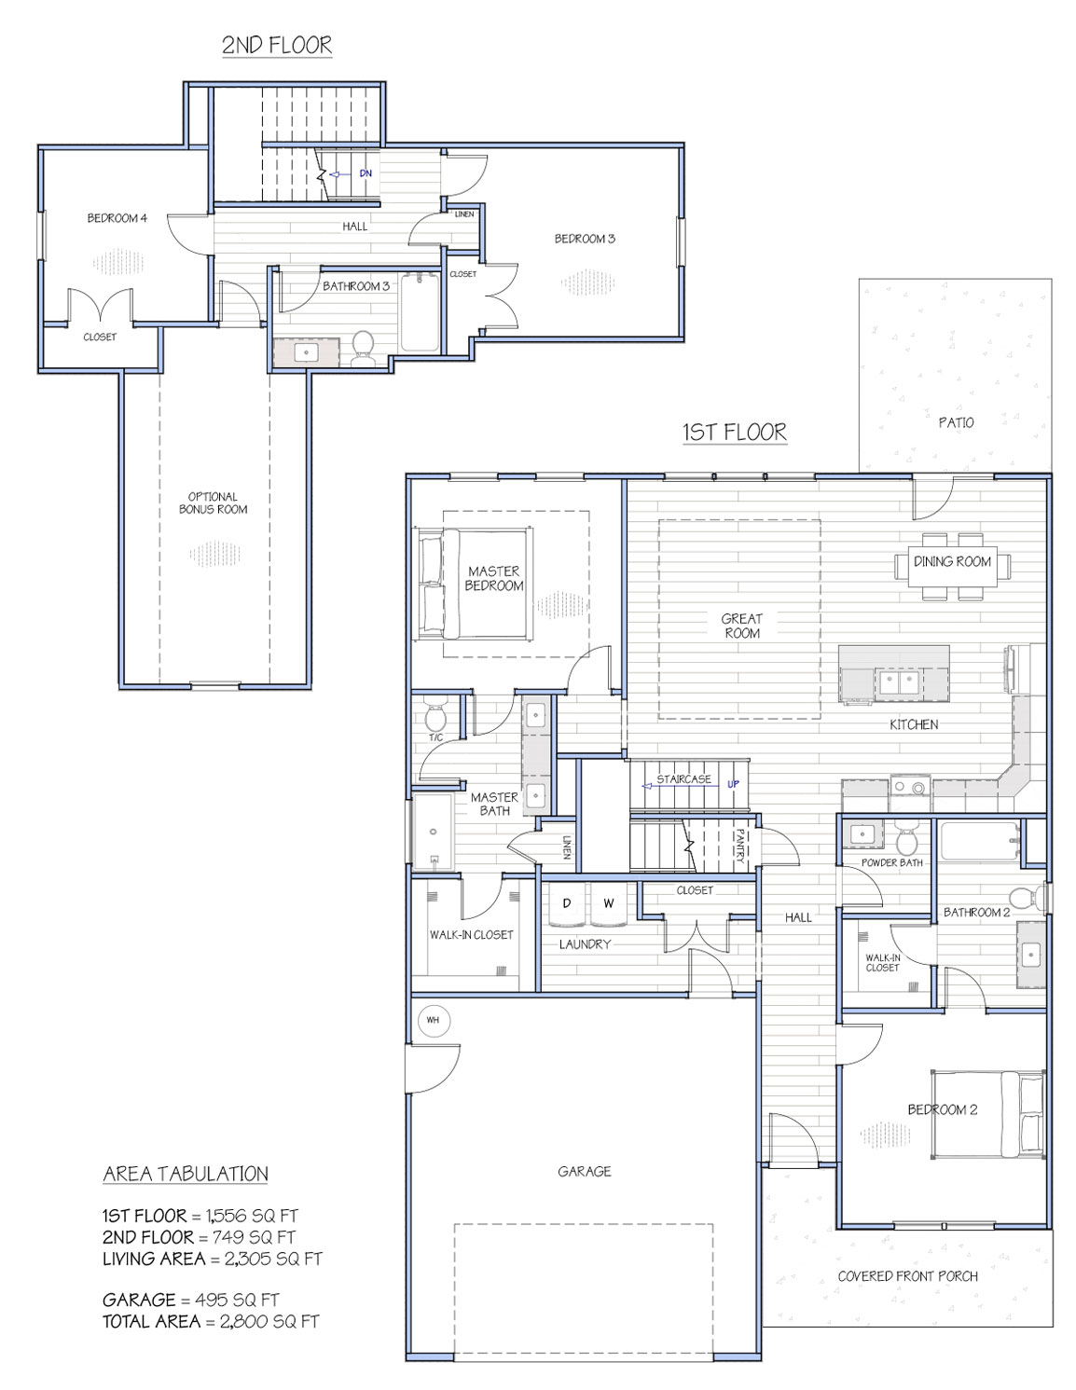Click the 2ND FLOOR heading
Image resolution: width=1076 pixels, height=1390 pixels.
277,46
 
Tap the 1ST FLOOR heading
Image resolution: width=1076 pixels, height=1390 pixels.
735,433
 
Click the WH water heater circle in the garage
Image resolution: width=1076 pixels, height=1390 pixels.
433,1020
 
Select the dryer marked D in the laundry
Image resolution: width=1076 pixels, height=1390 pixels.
567,904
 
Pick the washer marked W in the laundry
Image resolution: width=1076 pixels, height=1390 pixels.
609,904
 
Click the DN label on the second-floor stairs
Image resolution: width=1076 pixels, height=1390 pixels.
366,172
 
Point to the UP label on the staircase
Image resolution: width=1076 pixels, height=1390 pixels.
733,784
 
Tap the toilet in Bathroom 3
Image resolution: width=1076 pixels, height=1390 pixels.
363,349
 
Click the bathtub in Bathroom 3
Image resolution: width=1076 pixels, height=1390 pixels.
420,313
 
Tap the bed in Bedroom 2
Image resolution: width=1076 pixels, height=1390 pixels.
987,1115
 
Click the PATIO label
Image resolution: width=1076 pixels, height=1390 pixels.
956,422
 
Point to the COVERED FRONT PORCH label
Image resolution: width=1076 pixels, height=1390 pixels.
907,1276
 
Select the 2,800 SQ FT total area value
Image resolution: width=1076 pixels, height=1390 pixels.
269,1322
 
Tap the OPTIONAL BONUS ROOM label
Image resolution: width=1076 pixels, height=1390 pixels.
213,502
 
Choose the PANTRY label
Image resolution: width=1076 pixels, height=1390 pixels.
740,846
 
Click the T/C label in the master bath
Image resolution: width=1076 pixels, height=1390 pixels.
435,737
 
